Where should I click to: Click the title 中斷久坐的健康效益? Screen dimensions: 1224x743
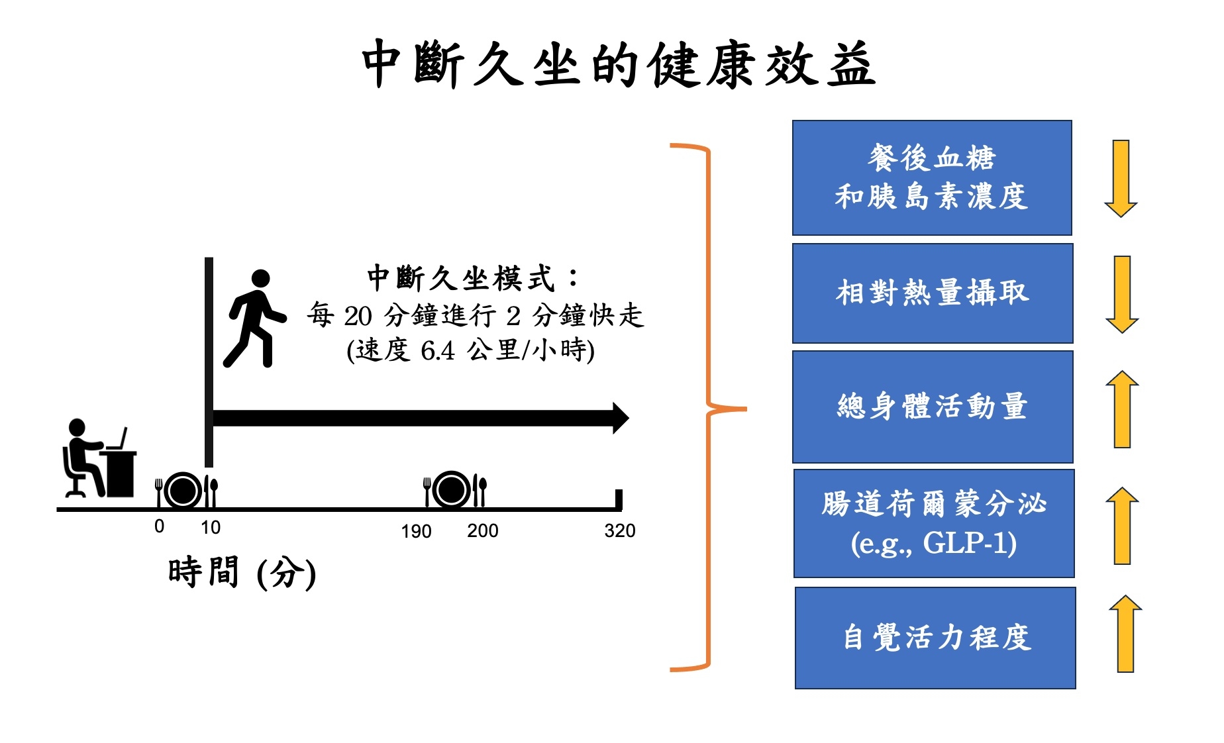(x=618, y=64)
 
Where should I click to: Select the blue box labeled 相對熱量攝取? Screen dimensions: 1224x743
(x=933, y=293)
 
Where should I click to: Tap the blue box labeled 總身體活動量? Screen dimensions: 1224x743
(x=933, y=407)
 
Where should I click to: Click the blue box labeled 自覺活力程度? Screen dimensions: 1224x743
(x=935, y=638)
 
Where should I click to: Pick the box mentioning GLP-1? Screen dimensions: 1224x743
(x=934, y=523)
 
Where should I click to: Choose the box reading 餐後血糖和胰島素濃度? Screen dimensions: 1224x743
(x=932, y=177)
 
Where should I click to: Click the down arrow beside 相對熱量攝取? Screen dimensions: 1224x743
(x=1122, y=294)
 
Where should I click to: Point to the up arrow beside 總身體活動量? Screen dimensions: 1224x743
(x=1122, y=409)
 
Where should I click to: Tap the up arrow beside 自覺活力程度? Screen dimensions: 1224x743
(x=1125, y=634)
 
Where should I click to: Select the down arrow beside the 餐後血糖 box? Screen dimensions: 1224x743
(x=1121, y=178)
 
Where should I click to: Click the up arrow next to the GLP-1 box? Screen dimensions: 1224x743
(x=1122, y=526)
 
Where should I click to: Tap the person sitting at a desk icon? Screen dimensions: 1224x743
(x=99, y=458)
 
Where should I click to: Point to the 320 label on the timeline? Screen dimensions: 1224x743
(x=619, y=530)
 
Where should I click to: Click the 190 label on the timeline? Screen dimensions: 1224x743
(x=416, y=531)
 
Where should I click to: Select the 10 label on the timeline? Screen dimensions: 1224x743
(x=211, y=527)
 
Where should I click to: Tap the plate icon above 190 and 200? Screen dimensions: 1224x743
(x=455, y=489)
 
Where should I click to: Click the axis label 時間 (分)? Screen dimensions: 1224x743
(x=242, y=572)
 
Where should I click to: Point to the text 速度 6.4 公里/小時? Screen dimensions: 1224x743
(x=470, y=350)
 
